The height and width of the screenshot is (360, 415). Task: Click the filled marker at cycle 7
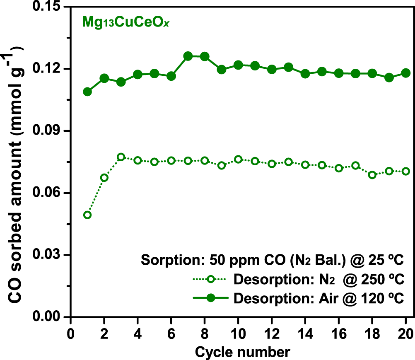pyautogui.click(x=188, y=56)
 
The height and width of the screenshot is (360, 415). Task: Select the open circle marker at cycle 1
pyautogui.click(x=87, y=215)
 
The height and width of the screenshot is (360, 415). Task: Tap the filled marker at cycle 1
pyautogui.click(x=87, y=92)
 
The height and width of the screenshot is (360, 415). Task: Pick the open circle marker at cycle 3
pyautogui.click(x=121, y=157)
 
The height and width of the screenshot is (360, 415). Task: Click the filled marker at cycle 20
pyautogui.click(x=406, y=73)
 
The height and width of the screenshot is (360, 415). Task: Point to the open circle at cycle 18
pyautogui.click(x=372, y=175)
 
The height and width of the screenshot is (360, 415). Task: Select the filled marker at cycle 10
pyautogui.click(x=238, y=65)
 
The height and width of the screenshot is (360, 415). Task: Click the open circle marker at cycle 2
pyautogui.click(x=104, y=178)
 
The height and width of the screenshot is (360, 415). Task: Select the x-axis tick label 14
pyautogui.click(x=305, y=332)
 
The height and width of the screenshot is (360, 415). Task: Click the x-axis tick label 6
pyautogui.click(x=171, y=332)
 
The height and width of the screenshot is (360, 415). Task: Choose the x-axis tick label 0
pyautogui.click(x=71, y=332)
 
